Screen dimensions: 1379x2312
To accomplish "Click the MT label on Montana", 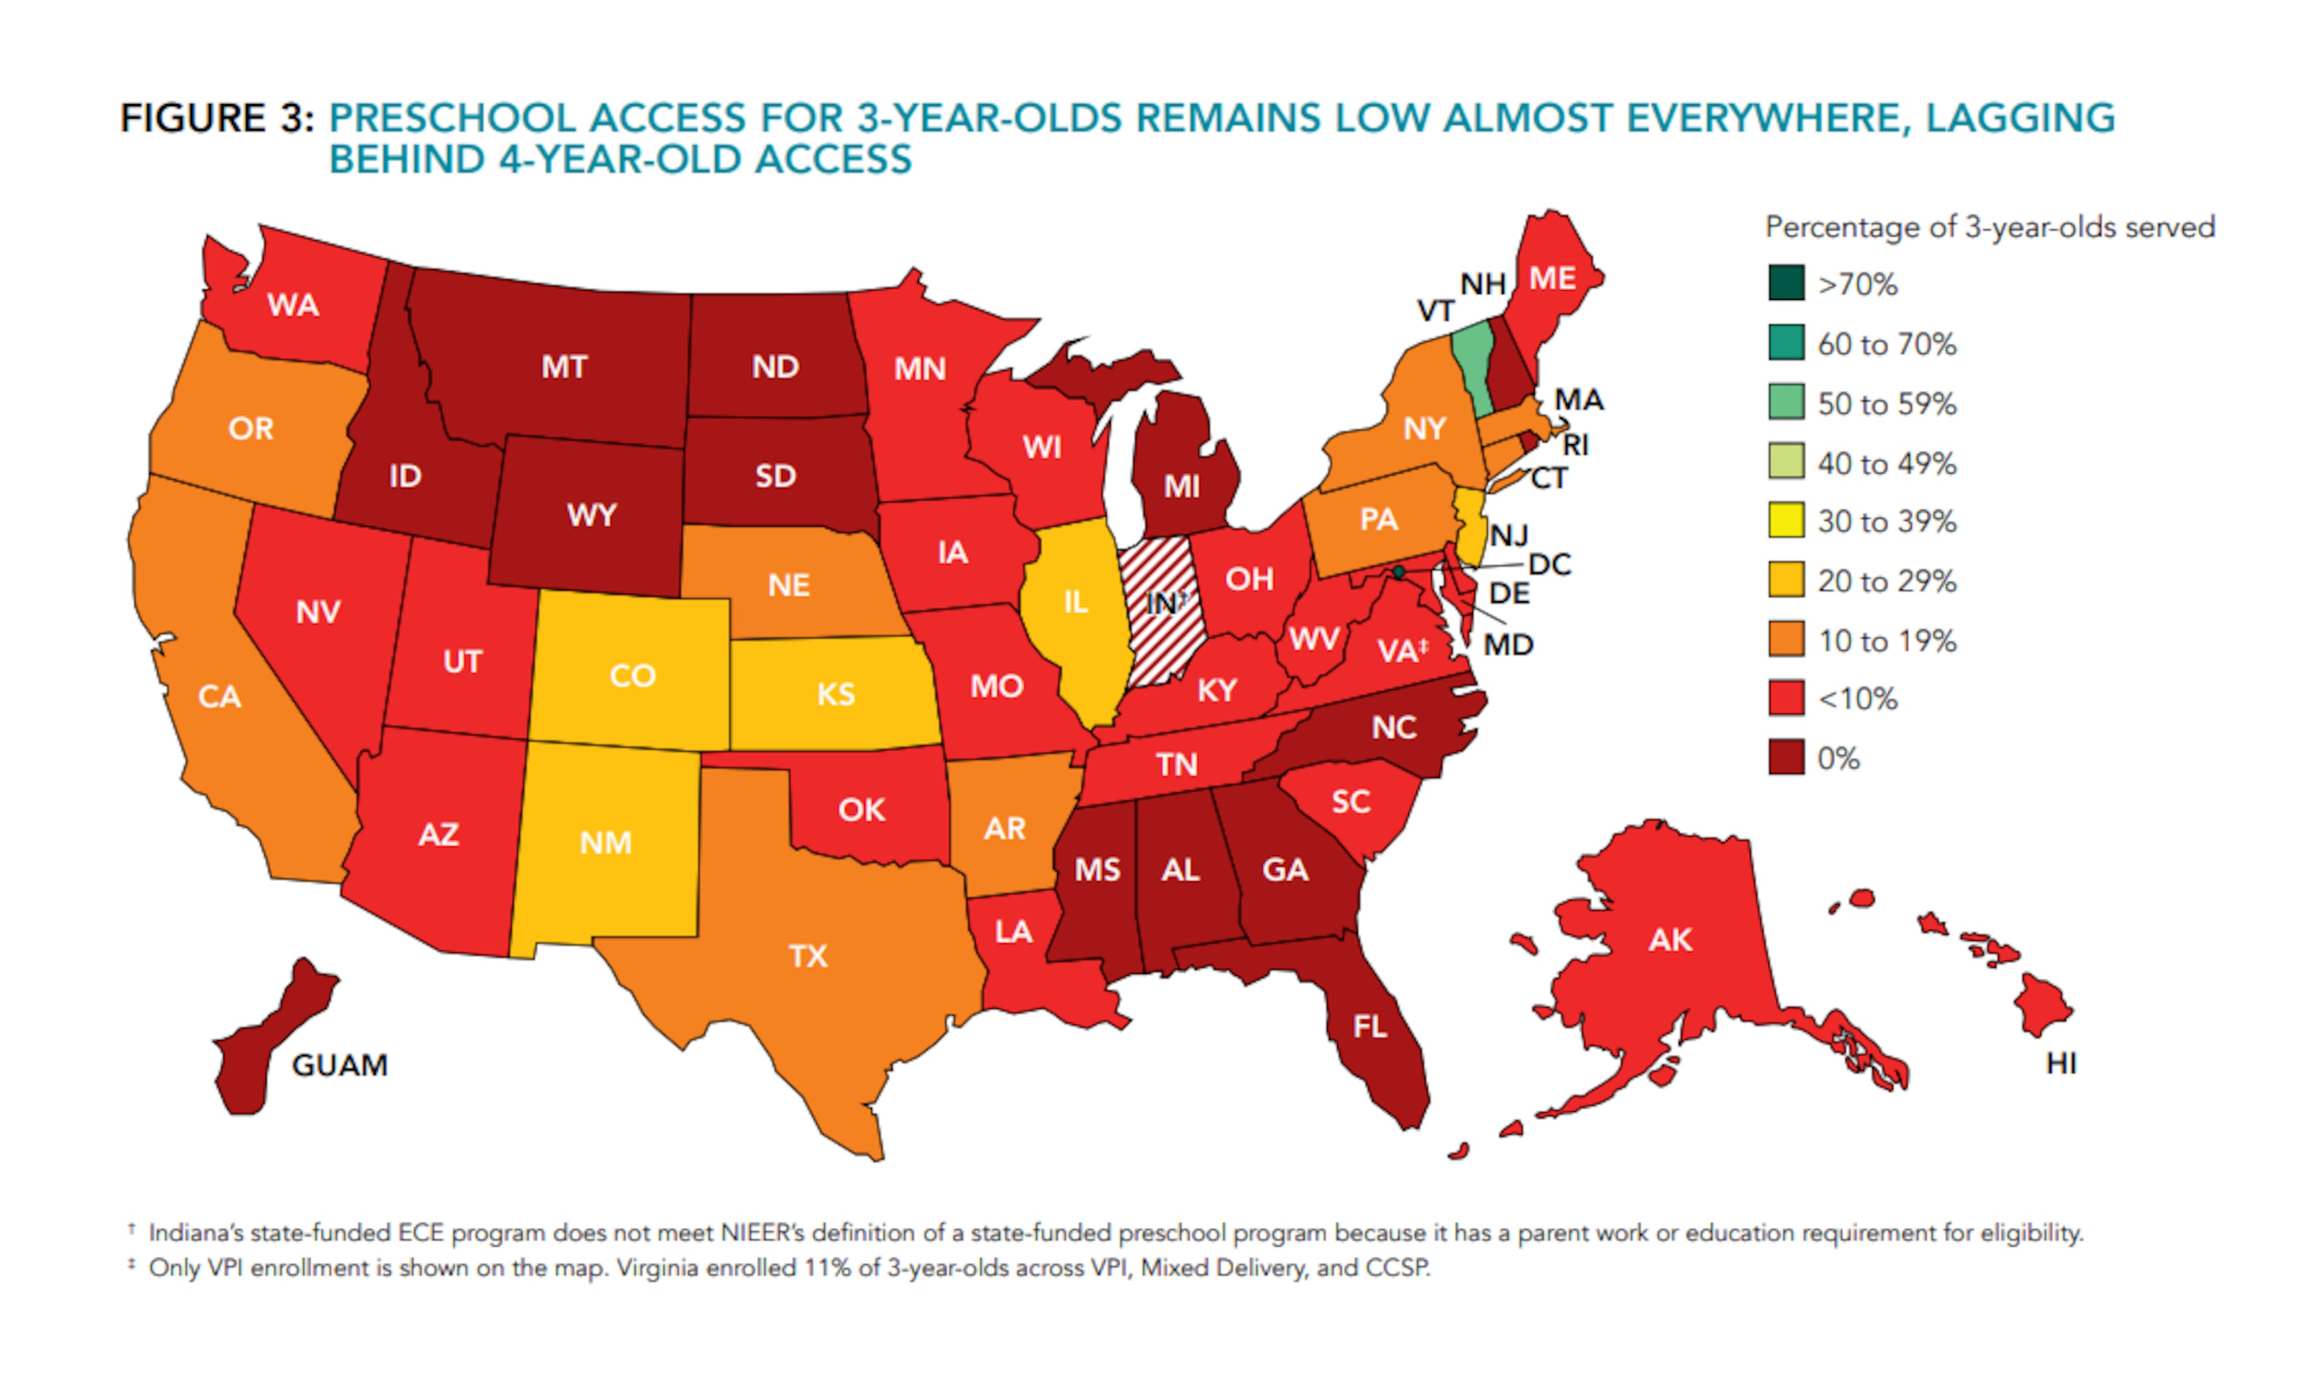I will [564, 367].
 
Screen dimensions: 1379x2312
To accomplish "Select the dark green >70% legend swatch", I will [1786, 284].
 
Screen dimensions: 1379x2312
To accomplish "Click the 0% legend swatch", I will [1786, 758].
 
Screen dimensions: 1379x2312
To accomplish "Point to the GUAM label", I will [339, 1065].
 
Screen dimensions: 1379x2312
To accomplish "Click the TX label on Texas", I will [807, 956].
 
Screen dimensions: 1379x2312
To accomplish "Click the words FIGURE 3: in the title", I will [217, 119].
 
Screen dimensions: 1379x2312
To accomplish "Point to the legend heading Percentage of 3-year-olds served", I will [1989, 228].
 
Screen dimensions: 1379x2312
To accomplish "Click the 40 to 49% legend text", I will [1886, 463].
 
